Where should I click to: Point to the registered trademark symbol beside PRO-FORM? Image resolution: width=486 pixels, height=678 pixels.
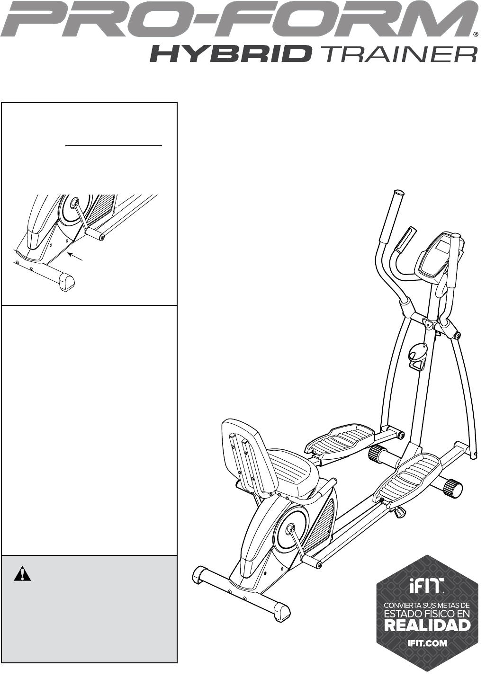(x=475, y=35)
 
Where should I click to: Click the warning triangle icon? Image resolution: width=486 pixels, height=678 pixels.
(x=22, y=574)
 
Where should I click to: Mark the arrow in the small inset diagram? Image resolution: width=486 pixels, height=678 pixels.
(x=76, y=257)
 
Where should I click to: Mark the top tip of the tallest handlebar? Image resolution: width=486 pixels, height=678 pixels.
(x=398, y=193)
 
